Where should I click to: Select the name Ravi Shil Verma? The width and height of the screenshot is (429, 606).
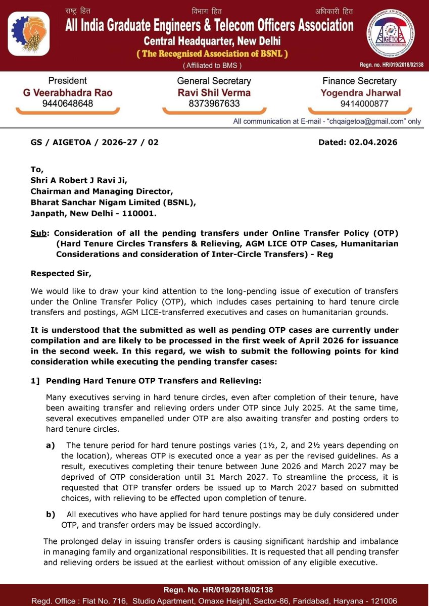214,92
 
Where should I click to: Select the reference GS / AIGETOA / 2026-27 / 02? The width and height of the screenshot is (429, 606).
94,142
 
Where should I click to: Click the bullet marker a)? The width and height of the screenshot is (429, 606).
51,445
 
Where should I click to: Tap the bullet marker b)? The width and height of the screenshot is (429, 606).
51,514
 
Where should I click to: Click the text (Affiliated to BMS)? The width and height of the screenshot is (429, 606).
212,65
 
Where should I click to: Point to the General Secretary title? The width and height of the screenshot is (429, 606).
214,81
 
